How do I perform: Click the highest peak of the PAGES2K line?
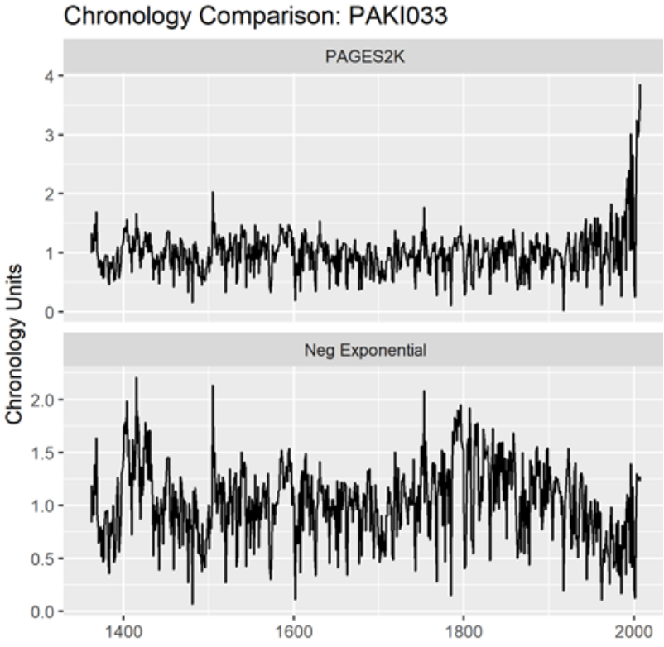[x=640, y=84]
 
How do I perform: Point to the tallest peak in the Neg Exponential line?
[x=136, y=378]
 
